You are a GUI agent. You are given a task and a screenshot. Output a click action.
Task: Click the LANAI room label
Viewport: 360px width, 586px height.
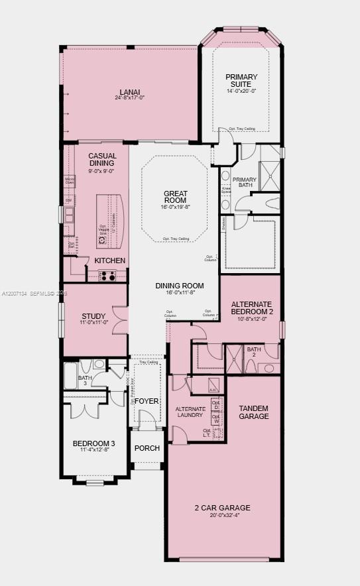click(130, 91)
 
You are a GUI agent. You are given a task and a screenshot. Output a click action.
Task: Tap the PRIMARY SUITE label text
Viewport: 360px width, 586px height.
click(241, 80)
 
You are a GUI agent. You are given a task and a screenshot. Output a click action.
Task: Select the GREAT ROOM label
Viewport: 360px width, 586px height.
click(175, 197)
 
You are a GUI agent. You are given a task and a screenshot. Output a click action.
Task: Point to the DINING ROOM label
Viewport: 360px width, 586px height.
click(179, 286)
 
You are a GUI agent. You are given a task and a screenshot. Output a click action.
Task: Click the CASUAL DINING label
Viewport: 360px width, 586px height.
click(101, 160)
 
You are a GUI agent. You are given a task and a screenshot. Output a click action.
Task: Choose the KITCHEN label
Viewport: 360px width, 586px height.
click(109, 261)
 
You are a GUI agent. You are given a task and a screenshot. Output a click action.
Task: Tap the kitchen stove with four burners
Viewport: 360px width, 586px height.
click(107, 276)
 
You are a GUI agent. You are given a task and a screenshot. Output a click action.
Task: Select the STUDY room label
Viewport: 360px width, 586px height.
click(93, 316)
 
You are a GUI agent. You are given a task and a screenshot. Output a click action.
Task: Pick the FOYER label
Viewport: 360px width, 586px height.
click(147, 401)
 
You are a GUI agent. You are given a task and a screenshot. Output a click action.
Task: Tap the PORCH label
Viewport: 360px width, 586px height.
click(147, 448)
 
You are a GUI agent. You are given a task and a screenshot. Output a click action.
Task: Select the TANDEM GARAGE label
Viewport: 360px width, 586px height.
click(254, 412)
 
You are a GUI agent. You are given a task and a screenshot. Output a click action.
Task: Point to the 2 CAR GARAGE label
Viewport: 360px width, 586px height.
click(222, 508)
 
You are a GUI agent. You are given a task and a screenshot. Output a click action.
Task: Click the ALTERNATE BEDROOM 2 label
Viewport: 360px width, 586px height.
click(251, 308)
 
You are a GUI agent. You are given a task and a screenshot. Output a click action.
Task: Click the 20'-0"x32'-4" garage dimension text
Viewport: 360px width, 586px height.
click(222, 515)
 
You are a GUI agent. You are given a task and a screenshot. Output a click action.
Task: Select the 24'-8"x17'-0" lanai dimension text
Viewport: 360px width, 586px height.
click(130, 98)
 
